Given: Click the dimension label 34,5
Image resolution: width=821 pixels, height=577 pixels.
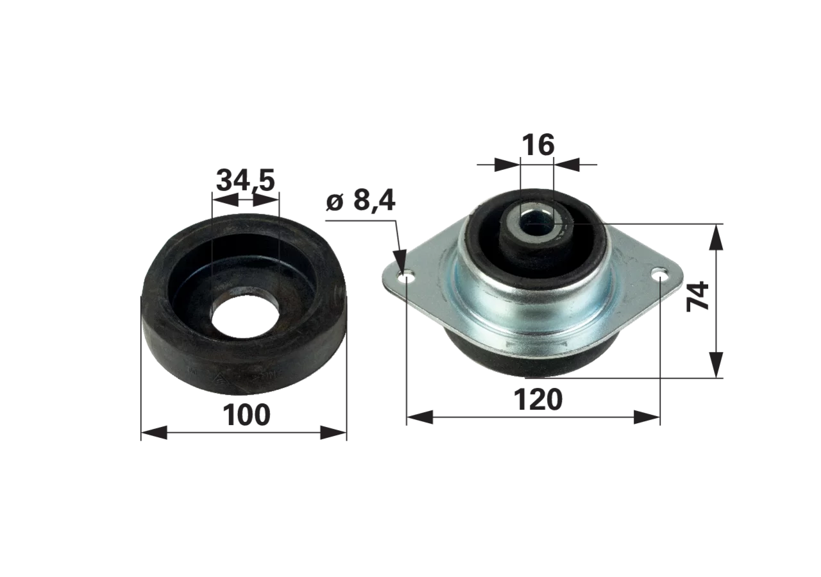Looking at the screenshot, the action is click(x=245, y=181).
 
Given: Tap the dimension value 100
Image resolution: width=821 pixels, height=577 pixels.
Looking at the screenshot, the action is click(x=246, y=415).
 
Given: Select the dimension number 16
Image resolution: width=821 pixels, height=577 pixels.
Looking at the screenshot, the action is click(x=537, y=145).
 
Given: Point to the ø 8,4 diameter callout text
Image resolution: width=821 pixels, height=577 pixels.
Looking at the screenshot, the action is click(x=360, y=201).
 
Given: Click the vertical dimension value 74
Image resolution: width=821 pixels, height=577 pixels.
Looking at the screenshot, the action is click(x=698, y=297).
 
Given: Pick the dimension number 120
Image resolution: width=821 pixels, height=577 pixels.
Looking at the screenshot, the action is click(x=538, y=399).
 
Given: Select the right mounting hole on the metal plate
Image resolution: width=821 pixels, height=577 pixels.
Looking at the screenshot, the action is click(x=659, y=273).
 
